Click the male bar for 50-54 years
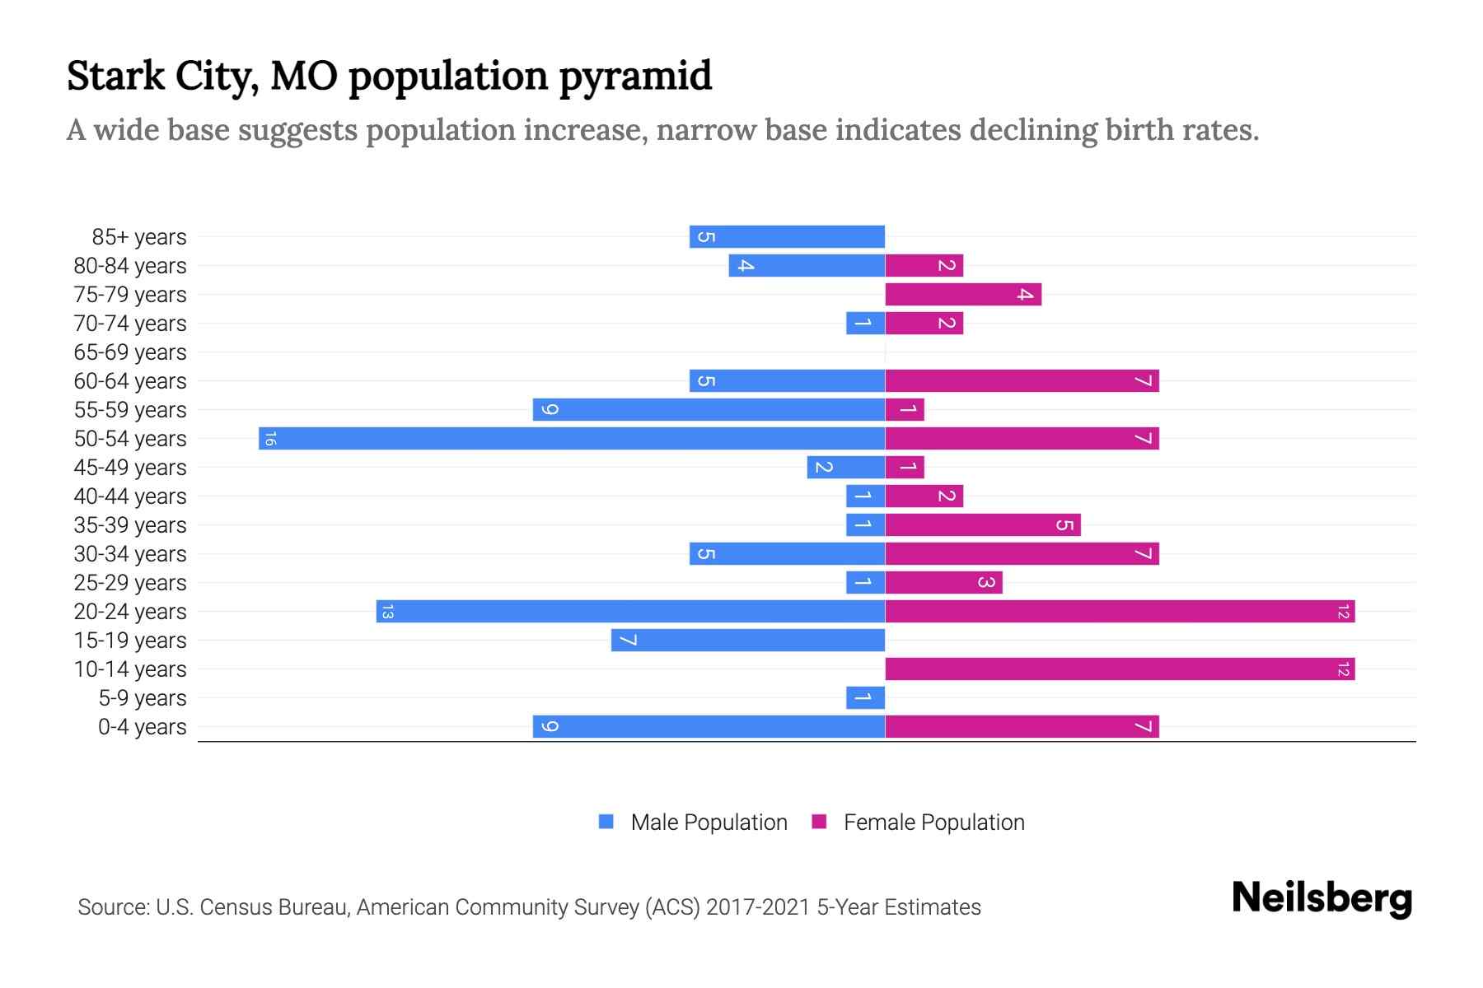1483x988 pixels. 572,438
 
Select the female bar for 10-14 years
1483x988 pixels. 1119,669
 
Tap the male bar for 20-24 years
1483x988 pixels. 630,611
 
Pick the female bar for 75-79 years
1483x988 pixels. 962,294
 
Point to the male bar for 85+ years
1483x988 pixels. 787,236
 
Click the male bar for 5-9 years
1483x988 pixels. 865,697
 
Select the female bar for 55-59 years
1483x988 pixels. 905,409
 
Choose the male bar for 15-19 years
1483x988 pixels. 747,640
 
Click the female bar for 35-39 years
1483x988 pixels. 982,524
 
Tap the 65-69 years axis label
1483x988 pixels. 130,352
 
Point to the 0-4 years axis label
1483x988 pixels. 142,727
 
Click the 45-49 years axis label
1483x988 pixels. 130,468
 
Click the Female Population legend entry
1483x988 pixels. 919,822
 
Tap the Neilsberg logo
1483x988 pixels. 1322,897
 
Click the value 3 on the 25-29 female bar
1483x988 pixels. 985,582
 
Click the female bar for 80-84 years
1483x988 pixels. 924,265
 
